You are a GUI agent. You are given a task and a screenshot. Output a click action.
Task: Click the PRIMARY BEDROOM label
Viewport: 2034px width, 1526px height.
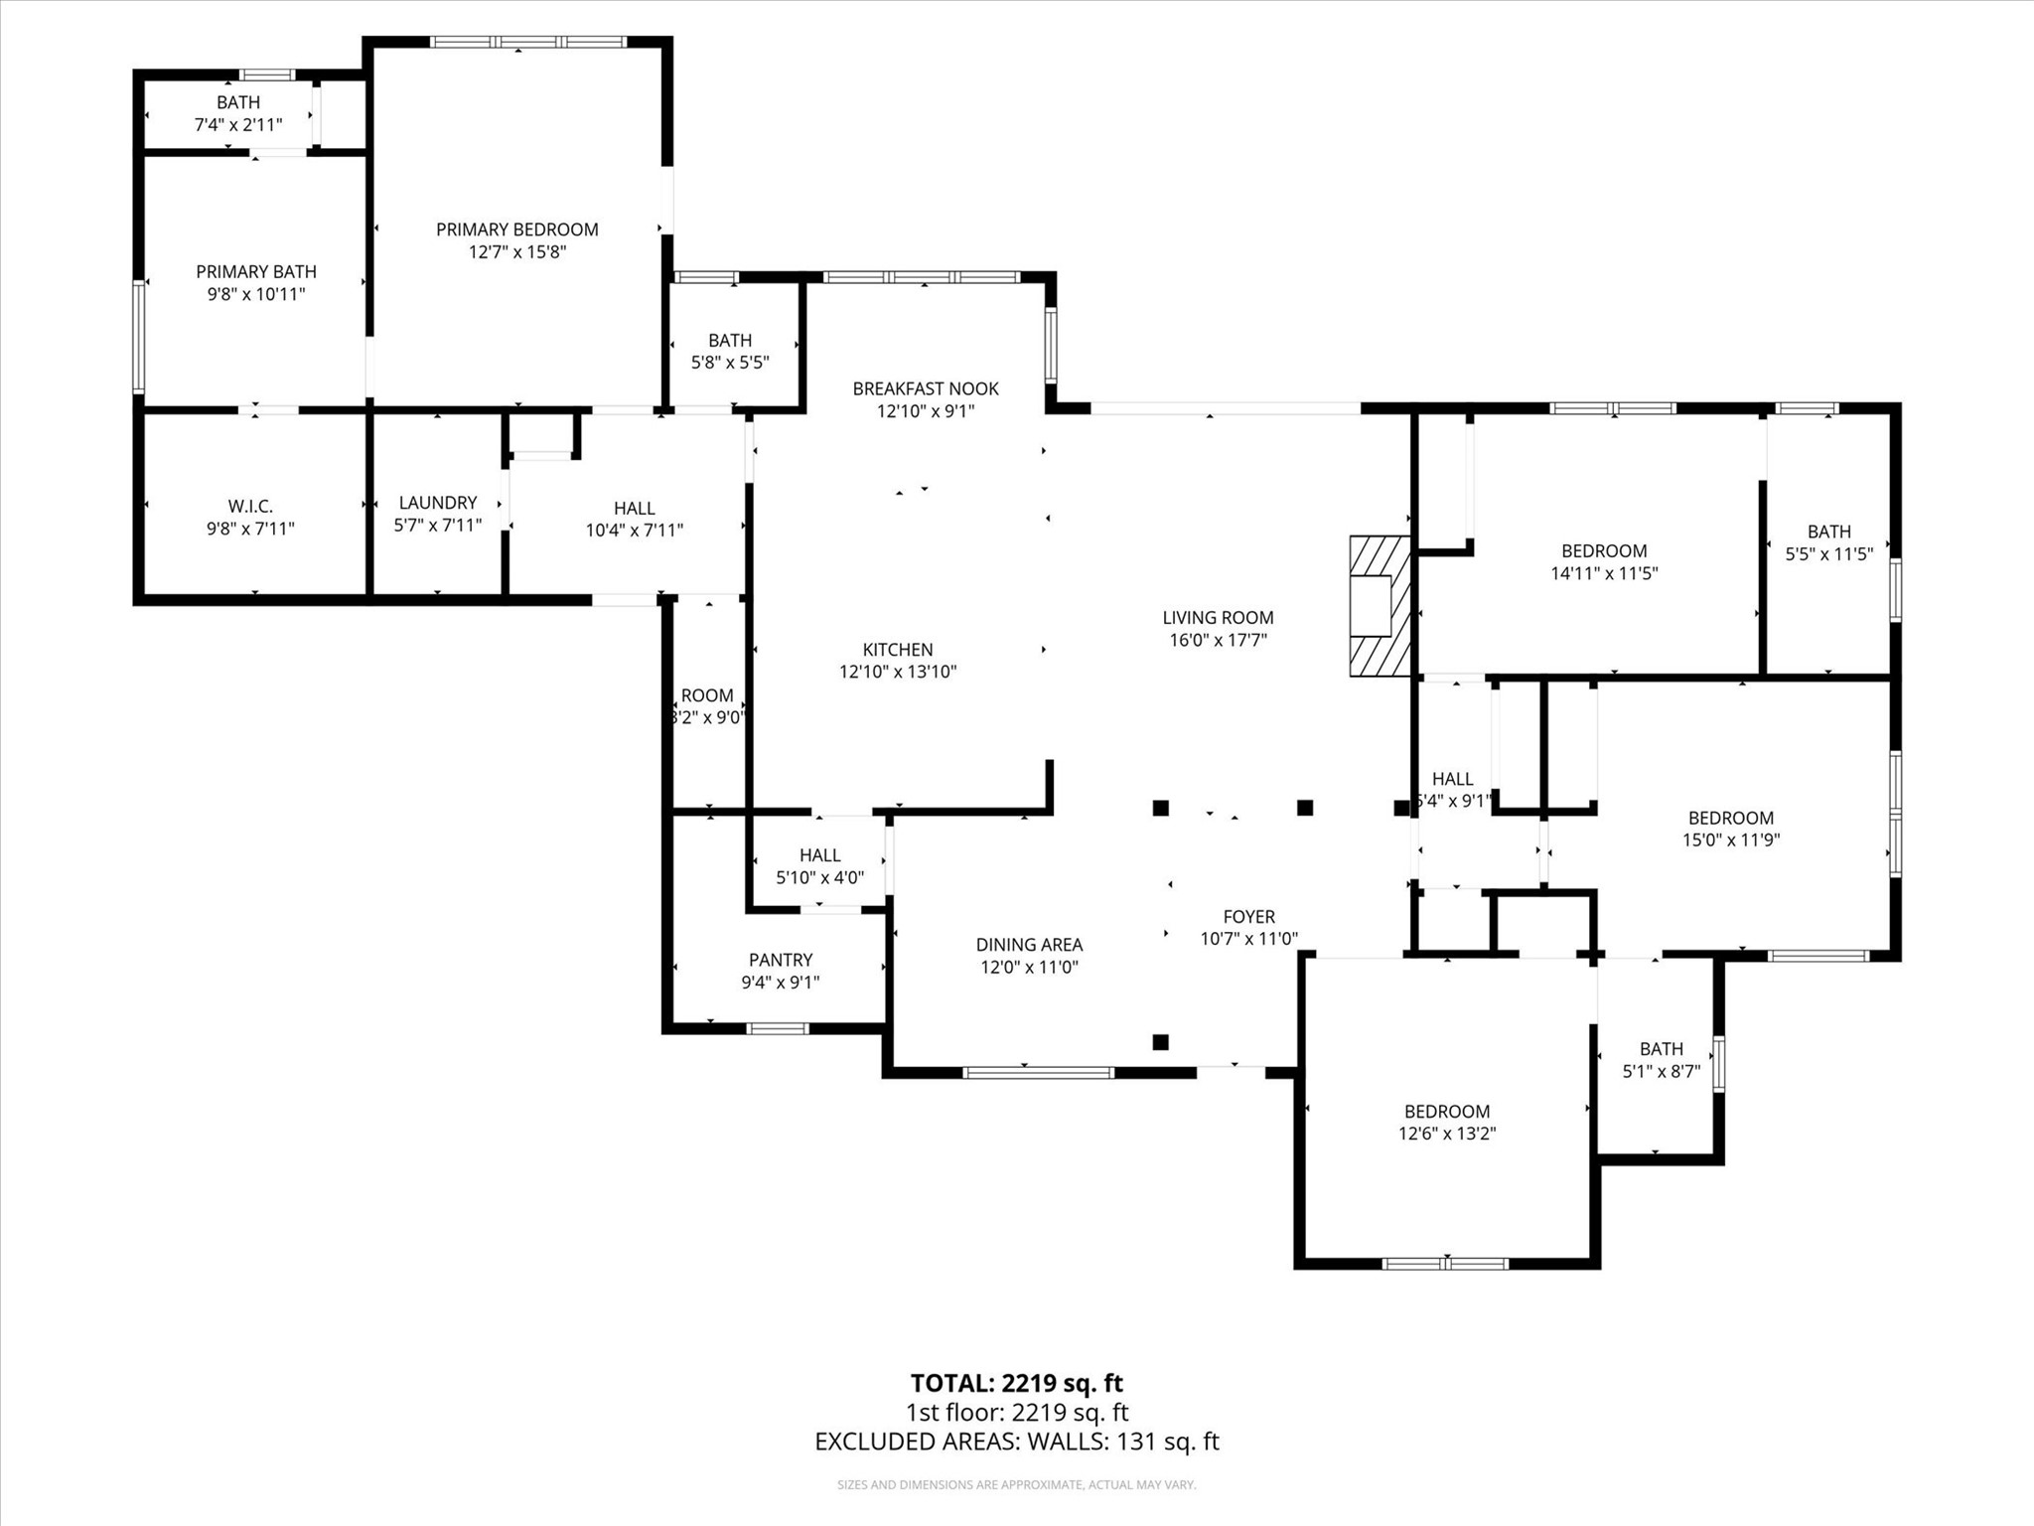coord(516,229)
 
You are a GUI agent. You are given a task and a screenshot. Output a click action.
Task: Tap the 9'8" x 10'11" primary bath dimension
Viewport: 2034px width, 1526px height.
coord(256,294)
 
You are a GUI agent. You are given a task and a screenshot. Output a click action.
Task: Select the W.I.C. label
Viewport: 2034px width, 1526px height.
coord(250,507)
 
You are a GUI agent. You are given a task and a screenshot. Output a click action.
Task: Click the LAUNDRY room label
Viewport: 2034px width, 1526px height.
coord(438,503)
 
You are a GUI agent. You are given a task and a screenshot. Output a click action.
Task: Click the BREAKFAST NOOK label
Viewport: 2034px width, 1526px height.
coord(926,388)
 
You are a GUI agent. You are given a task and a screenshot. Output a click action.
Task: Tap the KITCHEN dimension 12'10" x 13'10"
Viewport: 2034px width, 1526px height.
coord(898,672)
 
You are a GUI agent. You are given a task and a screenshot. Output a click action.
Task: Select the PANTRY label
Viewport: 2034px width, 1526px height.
coord(781,960)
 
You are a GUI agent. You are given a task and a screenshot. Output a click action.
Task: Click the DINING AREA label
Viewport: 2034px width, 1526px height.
coord(1029,945)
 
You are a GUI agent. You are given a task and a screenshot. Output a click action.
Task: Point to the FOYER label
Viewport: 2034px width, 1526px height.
coord(1248,917)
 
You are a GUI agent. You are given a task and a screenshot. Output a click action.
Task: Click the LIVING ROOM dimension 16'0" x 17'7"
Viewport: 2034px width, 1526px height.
coord(1218,640)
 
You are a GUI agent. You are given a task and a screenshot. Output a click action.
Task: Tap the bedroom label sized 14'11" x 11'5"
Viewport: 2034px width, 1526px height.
coord(1604,550)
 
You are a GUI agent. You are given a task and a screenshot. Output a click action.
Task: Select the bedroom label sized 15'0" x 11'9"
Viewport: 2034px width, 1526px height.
coord(1731,818)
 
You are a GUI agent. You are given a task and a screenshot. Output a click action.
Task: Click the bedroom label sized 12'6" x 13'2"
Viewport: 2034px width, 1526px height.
coord(1447,1112)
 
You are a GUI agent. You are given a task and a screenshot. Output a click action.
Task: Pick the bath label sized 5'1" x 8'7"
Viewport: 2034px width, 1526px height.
coord(1662,1049)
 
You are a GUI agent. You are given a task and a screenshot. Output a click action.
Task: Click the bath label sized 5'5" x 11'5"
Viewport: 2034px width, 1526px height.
coord(1828,532)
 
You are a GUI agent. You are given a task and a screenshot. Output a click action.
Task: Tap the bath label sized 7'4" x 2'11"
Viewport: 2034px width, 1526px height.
coord(238,102)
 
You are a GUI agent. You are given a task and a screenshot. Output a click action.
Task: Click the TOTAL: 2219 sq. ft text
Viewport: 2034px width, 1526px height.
coord(1017,1383)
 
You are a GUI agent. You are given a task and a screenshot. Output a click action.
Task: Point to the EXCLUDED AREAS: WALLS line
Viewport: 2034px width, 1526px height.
coord(1017,1442)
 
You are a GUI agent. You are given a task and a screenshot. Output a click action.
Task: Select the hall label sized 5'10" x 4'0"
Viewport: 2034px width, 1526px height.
coord(819,855)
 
